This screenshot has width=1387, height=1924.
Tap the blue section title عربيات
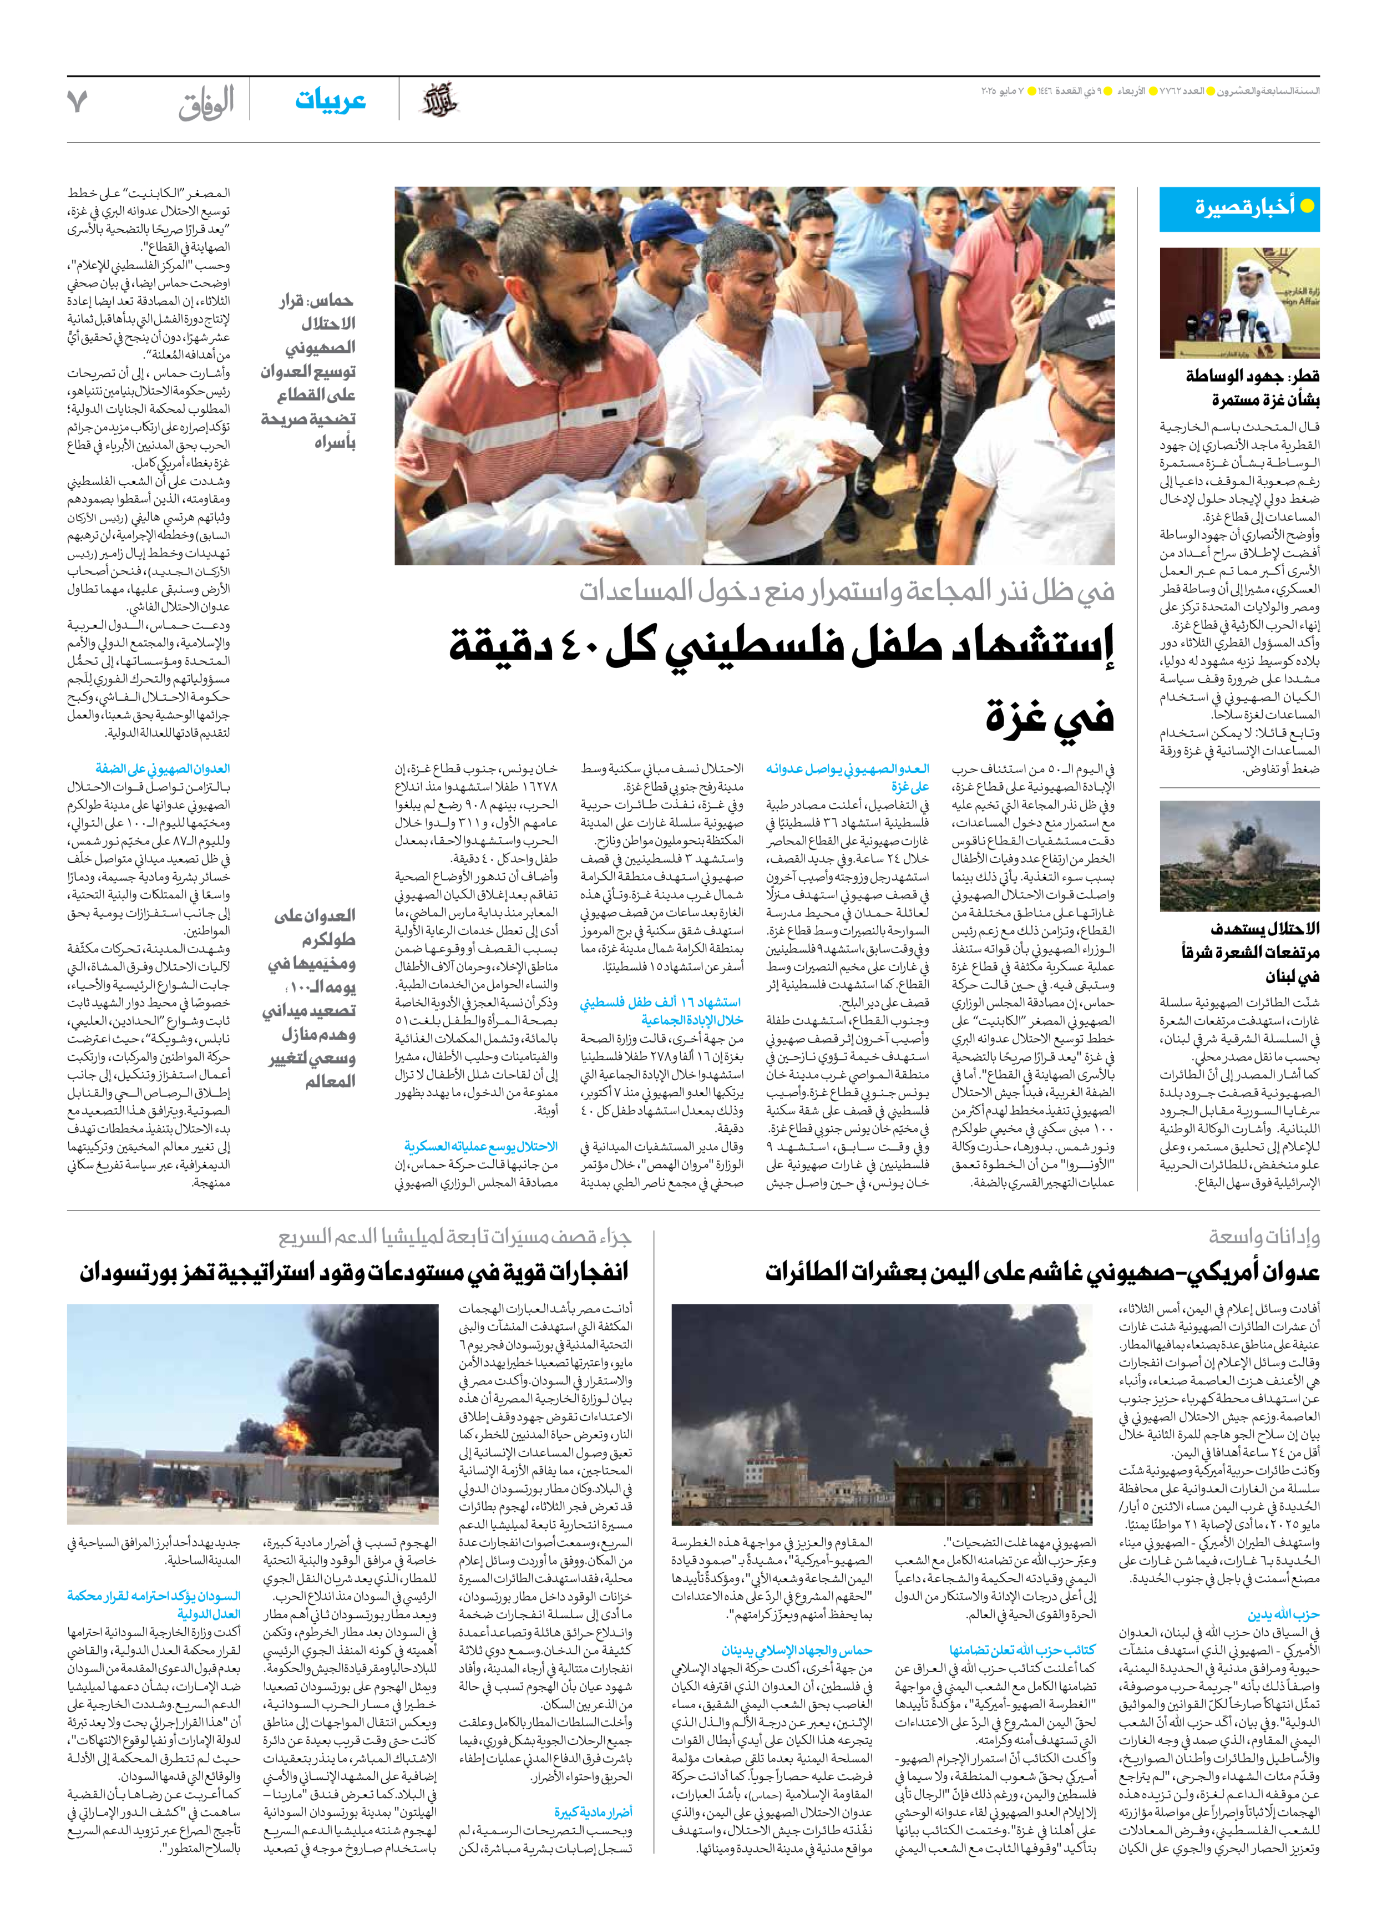pos(330,100)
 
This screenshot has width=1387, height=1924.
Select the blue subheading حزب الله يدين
pos(1283,1614)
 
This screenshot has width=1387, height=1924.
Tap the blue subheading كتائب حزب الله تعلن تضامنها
pos(1022,1650)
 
